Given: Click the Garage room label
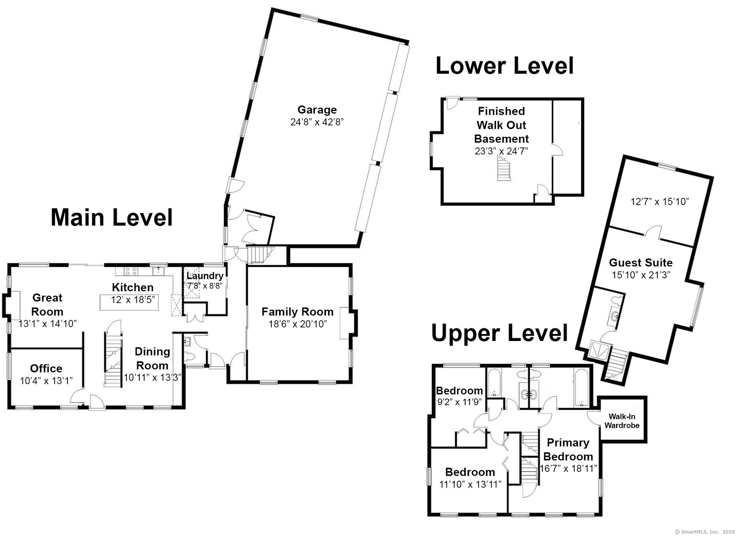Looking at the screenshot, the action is [317, 110].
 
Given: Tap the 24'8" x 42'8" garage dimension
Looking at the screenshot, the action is [317, 122].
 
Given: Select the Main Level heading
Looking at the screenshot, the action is [112, 217].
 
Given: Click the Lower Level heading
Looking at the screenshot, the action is [504, 66].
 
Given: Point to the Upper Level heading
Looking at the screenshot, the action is [499, 333].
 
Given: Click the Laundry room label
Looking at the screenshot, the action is [205, 276].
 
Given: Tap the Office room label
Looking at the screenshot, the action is [46, 369].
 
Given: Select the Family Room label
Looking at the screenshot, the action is [297, 312].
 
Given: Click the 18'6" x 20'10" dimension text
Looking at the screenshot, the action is [297, 324].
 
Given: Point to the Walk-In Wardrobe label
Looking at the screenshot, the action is [622, 421].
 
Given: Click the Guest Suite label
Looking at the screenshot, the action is [641, 263].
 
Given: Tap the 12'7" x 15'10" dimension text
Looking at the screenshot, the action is [660, 202].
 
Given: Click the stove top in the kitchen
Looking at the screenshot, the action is [131, 271].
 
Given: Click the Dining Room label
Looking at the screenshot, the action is [152, 359].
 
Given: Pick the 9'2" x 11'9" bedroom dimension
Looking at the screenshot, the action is [459, 402].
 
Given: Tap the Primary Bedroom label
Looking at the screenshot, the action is [568, 450].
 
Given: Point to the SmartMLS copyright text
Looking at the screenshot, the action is [704, 532].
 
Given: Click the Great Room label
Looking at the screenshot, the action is [47, 305].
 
